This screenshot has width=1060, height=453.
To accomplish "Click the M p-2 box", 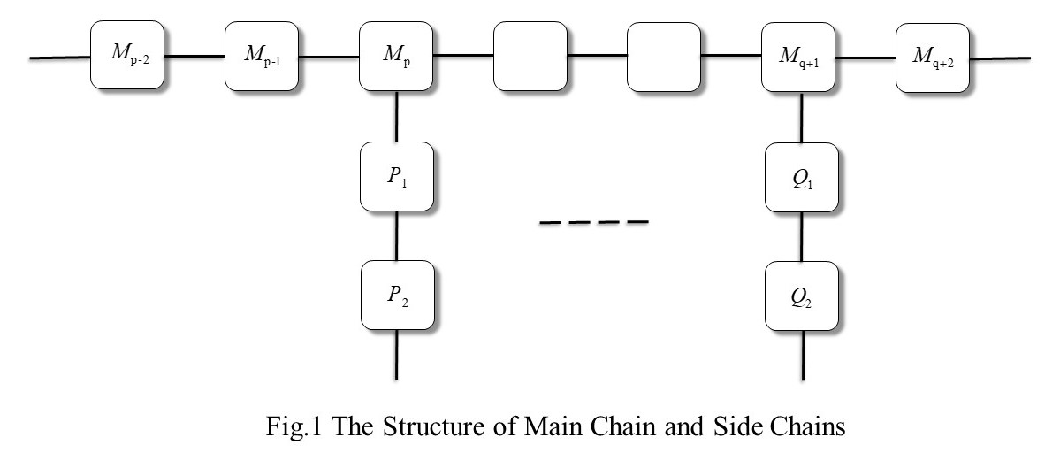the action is [x=127, y=56].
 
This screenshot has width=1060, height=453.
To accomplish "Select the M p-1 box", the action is [x=262, y=56].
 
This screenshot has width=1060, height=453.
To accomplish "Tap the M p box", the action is [x=396, y=56].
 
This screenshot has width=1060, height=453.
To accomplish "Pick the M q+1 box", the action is [x=798, y=57].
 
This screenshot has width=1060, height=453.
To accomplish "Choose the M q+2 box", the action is [x=933, y=58].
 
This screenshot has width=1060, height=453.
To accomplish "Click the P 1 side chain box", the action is [x=397, y=176].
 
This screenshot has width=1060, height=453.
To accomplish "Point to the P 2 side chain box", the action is [x=398, y=296].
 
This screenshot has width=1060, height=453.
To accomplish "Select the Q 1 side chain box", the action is [x=802, y=177].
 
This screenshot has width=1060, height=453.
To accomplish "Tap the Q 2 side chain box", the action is [x=802, y=296].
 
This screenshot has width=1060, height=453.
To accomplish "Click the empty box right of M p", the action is [x=530, y=56].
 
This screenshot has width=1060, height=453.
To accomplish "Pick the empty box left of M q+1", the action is [x=664, y=57].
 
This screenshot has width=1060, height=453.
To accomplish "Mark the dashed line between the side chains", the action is [x=593, y=222].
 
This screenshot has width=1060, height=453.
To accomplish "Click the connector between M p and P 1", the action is [x=397, y=116].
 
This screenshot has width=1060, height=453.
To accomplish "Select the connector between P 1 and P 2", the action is [x=397, y=236].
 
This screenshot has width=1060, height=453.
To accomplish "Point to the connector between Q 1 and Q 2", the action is [x=802, y=236].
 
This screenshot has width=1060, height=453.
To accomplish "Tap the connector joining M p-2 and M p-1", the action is [x=194, y=56].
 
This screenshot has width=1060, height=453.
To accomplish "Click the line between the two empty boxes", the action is [x=597, y=56].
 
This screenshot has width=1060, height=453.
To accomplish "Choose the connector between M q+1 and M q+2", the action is [x=866, y=58].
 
